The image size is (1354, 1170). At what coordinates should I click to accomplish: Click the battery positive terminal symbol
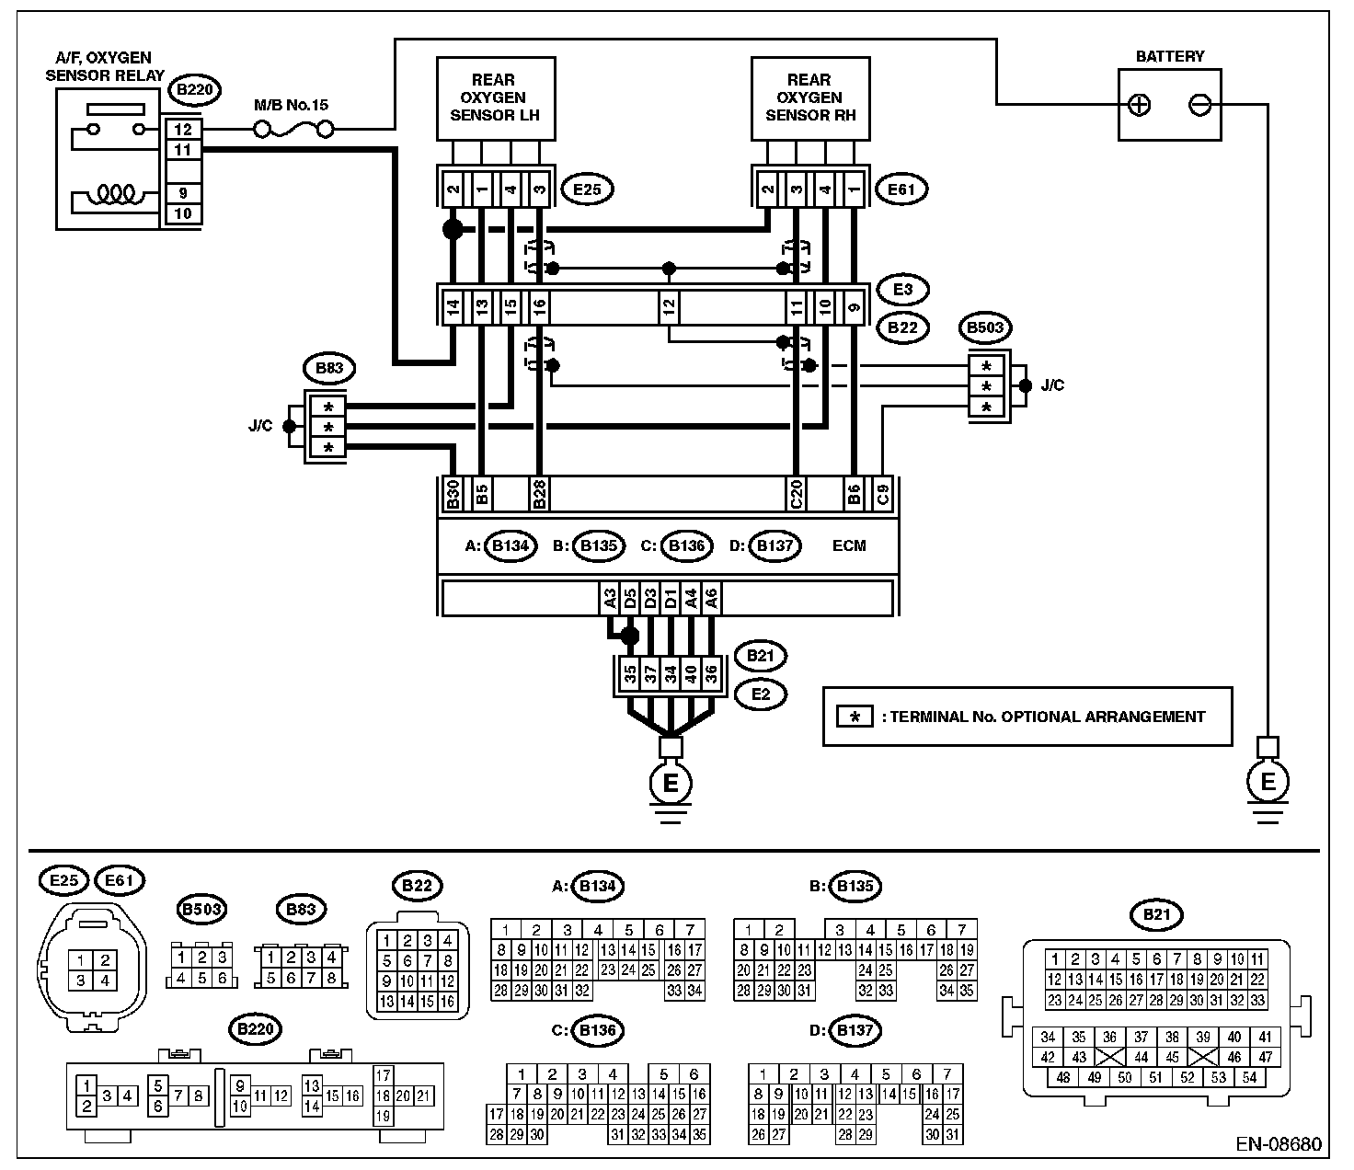pyautogui.click(x=1139, y=105)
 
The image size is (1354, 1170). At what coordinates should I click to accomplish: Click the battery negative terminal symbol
pyautogui.click(x=1199, y=105)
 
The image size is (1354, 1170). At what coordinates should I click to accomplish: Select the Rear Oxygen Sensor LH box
pyautogui.click(x=496, y=98)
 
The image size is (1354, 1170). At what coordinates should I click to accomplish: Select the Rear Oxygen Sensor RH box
pyautogui.click(x=810, y=98)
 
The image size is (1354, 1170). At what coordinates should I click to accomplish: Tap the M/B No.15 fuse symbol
pyautogui.click(x=293, y=130)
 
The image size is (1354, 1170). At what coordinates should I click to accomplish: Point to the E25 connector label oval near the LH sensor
pyautogui.click(x=587, y=190)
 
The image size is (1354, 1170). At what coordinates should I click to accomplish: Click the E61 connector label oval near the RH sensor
pyautogui.click(x=901, y=190)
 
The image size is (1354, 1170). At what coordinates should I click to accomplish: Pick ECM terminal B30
pyautogui.click(x=453, y=494)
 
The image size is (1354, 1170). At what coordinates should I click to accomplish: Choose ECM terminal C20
pyautogui.click(x=796, y=494)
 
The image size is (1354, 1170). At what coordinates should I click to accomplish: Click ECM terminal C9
pyautogui.click(x=883, y=494)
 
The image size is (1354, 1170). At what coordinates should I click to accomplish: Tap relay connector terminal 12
pyautogui.click(x=183, y=130)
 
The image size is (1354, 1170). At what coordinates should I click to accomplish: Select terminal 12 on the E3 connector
pyautogui.click(x=668, y=306)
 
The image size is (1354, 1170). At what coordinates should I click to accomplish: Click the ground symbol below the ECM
pyautogui.click(x=671, y=789)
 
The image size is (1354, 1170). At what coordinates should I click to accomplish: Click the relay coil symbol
pyautogui.click(x=116, y=194)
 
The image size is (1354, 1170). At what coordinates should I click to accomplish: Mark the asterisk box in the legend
pyautogui.click(x=855, y=717)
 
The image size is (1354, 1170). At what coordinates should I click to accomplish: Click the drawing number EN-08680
pyautogui.click(x=1278, y=1144)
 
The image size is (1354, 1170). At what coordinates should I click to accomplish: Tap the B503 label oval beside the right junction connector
pyautogui.click(x=984, y=327)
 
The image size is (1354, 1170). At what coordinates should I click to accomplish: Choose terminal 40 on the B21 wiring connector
pyautogui.click(x=691, y=674)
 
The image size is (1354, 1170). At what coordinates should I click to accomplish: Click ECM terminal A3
pyautogui.click(x=610, y=598)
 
